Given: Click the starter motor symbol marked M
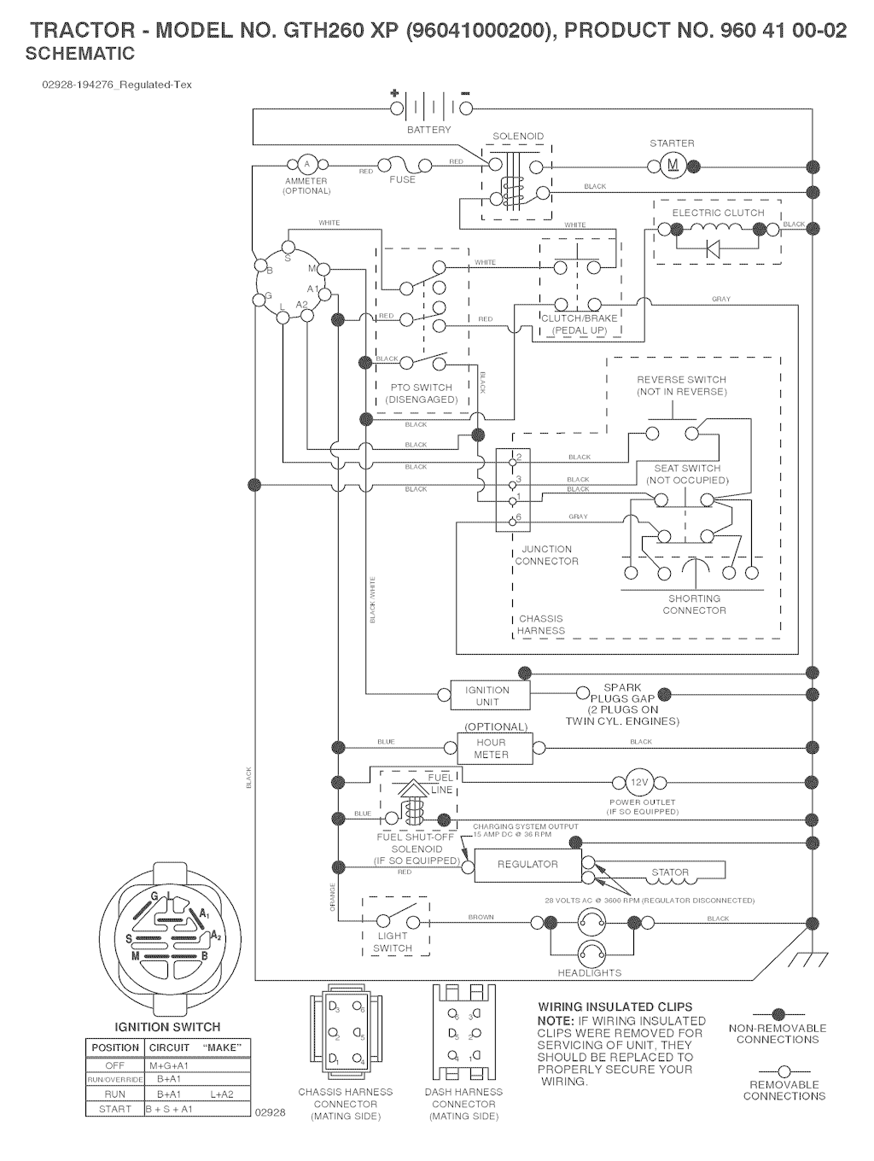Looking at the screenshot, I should point(671,165).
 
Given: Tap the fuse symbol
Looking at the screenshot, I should point(402,164).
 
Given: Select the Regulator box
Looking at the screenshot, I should point(527,864).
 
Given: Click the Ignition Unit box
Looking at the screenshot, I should point(488,696).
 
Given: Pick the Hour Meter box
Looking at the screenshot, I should point(491,749).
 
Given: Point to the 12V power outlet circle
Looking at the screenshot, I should point(640,782).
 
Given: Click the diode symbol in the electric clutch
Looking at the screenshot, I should point(714,248).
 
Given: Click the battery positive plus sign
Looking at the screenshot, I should point(394,92).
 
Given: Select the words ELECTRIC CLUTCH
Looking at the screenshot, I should point(718,213).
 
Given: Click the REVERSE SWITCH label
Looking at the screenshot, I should point(681,379).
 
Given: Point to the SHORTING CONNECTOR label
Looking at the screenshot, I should point(694,604).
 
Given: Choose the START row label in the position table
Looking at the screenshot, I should point(115,1109).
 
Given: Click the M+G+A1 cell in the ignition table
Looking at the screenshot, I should point(170,1065).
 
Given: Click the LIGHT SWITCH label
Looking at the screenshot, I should point(393,942).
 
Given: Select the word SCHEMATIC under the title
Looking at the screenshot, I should point(80,54).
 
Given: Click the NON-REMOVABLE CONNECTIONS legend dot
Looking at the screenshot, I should point(777,1014).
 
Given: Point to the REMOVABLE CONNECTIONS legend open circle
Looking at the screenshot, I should point(783,1071).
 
